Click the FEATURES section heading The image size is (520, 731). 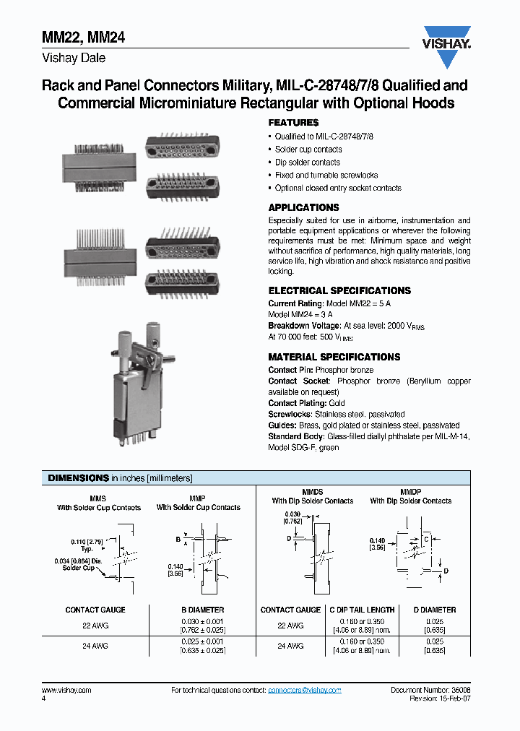tap(293, 123)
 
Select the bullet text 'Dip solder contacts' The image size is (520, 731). tap(307, 163)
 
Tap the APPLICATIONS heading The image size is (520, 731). tap(303, 207)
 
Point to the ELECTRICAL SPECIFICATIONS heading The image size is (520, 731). tap(339, 290)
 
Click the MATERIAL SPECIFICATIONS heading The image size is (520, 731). tap(334, 357)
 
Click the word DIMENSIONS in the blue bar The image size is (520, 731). tap(78, 478)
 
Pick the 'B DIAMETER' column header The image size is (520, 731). tap(202, 610)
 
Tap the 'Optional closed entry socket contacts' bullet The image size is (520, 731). tap(338, 189)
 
